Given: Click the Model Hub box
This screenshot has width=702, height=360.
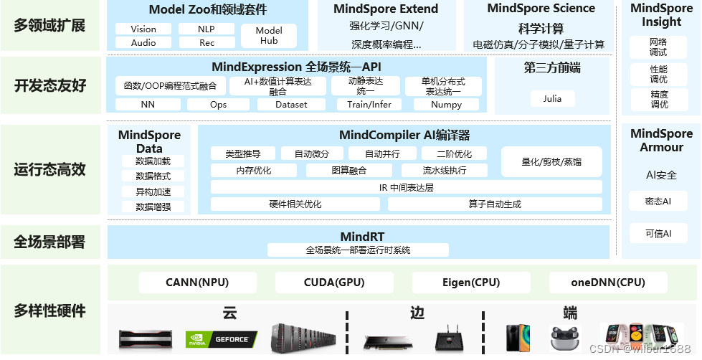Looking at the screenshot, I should coord(268,36).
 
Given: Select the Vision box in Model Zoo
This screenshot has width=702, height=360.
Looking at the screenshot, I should coord(143,29).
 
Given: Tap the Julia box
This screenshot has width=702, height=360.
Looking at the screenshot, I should coord(552,99).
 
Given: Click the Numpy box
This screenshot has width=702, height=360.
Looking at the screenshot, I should coord(446,105).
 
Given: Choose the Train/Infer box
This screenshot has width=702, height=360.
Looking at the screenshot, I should coord(369,105).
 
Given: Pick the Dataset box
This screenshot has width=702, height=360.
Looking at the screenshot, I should coord(292,105).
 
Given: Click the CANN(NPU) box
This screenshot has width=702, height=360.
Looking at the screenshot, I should coord(196,283).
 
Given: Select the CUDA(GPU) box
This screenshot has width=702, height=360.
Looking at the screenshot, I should coord(334,283).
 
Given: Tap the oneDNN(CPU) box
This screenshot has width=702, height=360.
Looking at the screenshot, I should coord(608,283).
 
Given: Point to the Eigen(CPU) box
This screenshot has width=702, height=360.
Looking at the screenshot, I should coord(471,283).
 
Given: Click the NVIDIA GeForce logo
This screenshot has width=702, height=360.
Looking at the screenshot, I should coord(217,338).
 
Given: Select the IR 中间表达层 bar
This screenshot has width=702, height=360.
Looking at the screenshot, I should coord(406,187).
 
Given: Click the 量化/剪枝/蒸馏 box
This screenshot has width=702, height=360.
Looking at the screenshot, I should coord(551,162).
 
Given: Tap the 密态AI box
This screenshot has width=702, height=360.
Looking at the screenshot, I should coord(658,202).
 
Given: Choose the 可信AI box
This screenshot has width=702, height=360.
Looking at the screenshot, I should coord(658,233).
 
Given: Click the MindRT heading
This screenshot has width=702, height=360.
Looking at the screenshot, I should coord(358,237).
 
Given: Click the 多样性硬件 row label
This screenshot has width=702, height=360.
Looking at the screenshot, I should coord(50,311).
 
